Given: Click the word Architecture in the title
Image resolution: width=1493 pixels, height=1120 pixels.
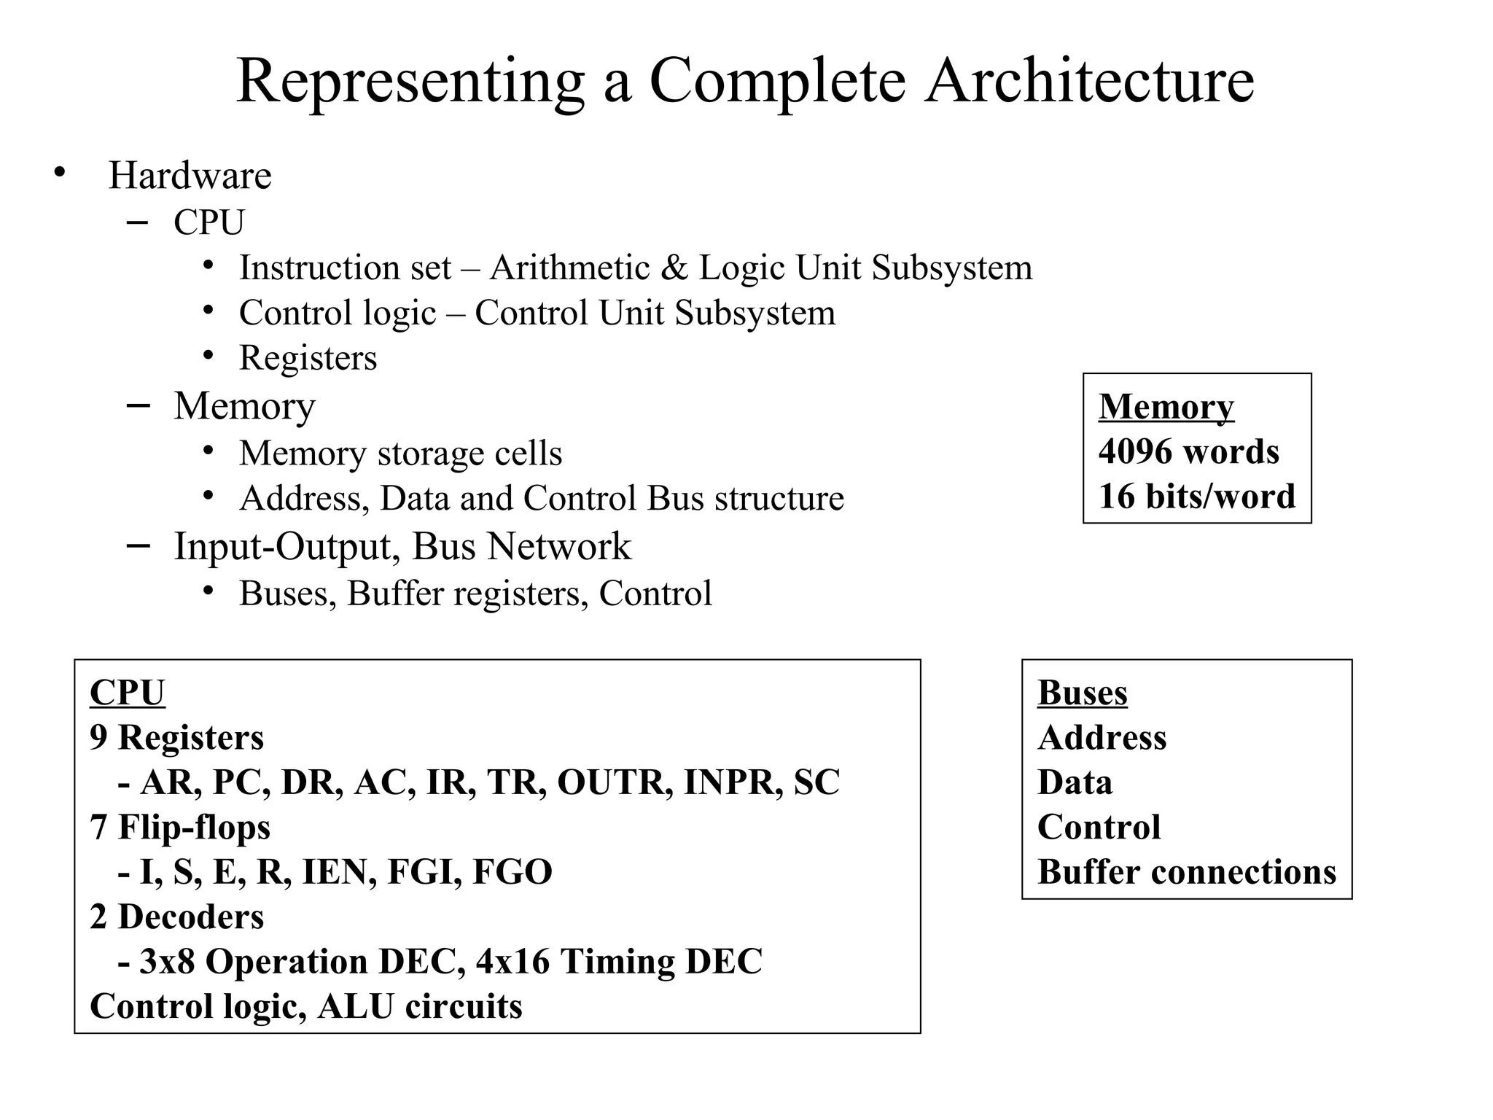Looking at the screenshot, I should (1089, 81).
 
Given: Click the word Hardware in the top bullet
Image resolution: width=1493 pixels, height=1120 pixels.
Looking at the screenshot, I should (190, 176).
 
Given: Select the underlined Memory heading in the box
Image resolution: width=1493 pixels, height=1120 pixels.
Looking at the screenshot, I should (1166, 407).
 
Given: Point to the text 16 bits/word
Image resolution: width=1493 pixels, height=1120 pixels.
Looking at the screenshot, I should (1196, 497).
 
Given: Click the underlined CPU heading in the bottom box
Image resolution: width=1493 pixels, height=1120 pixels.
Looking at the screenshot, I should (127, 693).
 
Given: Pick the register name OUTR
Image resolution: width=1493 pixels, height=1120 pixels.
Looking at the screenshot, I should (615, 782).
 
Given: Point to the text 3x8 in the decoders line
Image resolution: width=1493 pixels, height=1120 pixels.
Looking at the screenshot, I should (167, 962).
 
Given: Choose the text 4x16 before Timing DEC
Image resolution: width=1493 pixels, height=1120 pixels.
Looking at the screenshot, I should (512, 962).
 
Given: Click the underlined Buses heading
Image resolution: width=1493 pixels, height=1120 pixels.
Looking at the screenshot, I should (1082, 693).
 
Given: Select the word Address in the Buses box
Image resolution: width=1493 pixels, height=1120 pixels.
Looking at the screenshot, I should (1102, 738).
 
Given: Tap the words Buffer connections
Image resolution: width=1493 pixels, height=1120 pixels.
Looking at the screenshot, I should (1186, 872).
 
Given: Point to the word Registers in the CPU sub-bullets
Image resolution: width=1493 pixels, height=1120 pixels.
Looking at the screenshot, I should (308, 358).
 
